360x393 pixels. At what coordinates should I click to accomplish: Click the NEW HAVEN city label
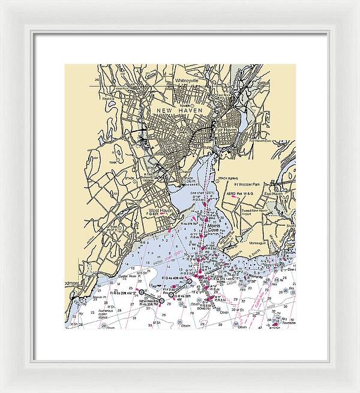[180, 112]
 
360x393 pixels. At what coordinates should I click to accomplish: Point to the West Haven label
[160, 211]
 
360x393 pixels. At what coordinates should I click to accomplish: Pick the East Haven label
[274, 194]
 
